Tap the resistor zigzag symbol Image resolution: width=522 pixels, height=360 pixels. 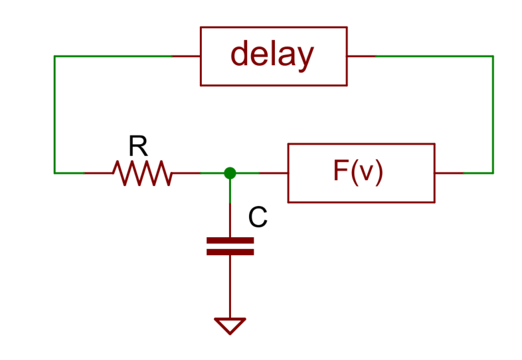[142, 173]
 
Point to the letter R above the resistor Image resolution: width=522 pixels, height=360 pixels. [137, 145]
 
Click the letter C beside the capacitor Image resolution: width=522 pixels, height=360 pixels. [258, 217]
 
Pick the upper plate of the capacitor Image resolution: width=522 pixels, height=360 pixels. [230, 240]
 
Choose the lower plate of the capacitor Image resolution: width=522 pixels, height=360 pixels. [230, 252]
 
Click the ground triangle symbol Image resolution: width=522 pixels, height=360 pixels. [230, 325]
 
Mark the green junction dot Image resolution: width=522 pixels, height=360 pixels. [230, 173]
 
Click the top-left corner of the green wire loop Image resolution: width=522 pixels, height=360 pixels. [54, 56]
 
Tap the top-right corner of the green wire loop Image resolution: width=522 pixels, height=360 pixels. [493, 56]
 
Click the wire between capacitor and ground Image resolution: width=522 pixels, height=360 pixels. [230, 286]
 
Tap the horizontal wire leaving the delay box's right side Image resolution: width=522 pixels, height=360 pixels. [418, 56]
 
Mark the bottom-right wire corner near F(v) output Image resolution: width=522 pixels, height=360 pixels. [493, 173]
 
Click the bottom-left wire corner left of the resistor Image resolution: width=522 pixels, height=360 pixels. [54, 173]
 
